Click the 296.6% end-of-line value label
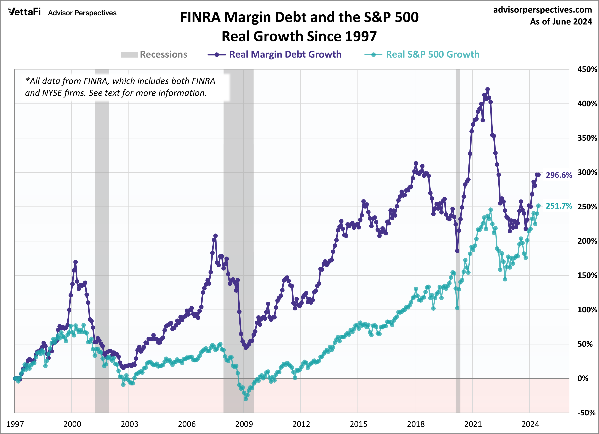pyautogui.click(x=559, y=175)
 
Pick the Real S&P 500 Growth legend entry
pyautogui.click(x=432, y=54)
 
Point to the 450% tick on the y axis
pyautogui.click(x=587, y=69)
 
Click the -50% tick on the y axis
pyautogui.click(x=587, y=413)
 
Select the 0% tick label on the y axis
pyautogui.click(x=583, y=378)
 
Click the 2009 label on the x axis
pyautogui.click(x=244, y=424)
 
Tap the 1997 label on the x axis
pyautogui.click(x=15, y=424)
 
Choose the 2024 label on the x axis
pyautogui.click(x=530, y=424)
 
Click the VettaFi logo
pyautogui.click(x=24, y=12)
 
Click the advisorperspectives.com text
pyautogui.click(x=543, y=10)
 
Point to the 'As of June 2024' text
pyautogui.click(x=561, y=22)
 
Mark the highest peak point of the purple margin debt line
pyautogui.click(x=487, y=89)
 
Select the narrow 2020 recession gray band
pyautogui.click(x=458, y=238)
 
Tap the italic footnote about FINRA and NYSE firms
pyautogui.click(x=120, y=87)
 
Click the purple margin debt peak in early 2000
pyautogui.click(x=75, y=262)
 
